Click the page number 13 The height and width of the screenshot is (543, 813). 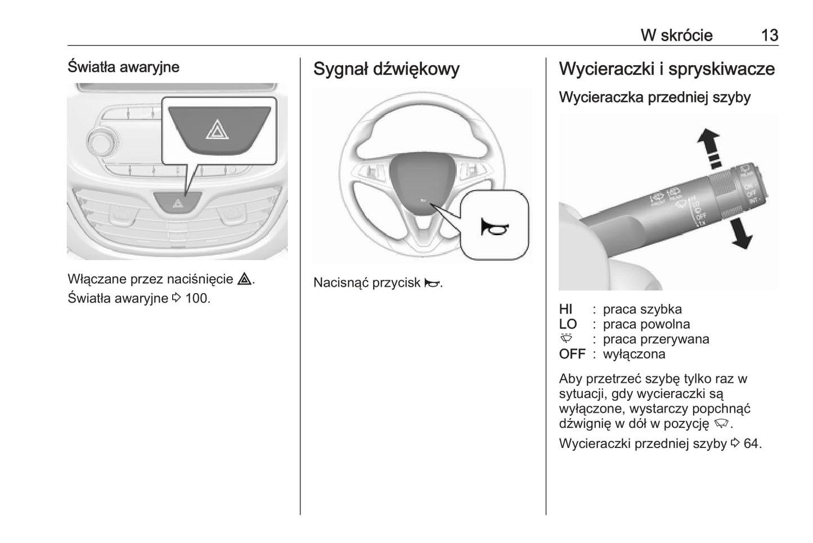tap(769, 35)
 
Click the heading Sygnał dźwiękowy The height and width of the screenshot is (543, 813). tap(386, 69)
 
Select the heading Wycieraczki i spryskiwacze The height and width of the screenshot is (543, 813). tap(667, 69)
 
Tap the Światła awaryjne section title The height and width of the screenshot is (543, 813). tap(123, 67)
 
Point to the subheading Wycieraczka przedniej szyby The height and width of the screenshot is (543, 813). tap(654, 97)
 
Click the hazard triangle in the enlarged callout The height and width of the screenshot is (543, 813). tap(217, 131)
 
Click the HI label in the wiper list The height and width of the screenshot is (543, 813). tap(565, 309)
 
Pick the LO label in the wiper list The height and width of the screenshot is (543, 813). tap(568, 324)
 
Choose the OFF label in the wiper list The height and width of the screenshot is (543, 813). tap(572, 354)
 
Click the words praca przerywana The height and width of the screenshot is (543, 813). tap(655, 339)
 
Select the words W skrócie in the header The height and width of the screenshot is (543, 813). tap(676, 35)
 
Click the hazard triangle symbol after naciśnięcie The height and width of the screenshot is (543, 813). tap(244, 279)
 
